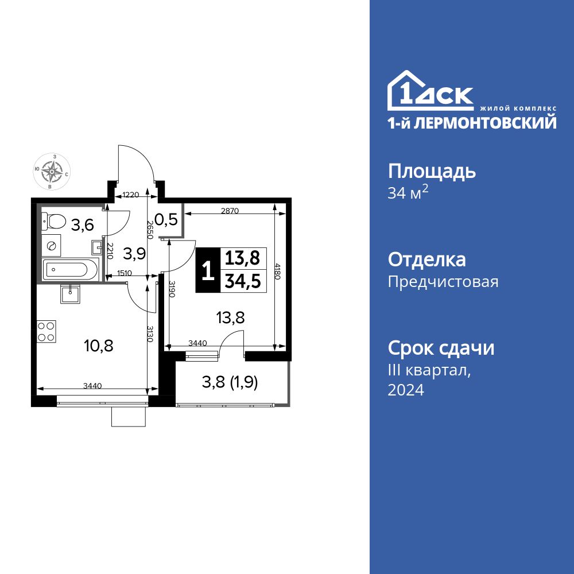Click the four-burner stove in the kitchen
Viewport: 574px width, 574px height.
(46, 332)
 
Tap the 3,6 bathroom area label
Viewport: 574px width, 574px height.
(82, 225)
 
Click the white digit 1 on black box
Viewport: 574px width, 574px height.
(208, 270)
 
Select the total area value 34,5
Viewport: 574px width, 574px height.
(241, 282)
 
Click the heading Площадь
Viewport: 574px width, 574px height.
(432, 171)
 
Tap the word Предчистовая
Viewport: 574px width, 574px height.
(443, 282)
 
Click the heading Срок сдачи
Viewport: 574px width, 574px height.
(441, 348)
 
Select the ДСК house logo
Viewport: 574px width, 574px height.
(430, 92)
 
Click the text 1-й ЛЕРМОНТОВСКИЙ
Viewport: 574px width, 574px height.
(472, 122)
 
